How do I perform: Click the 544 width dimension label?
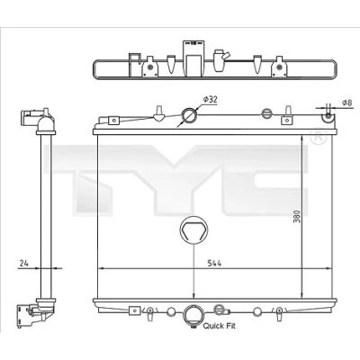pos(214,264)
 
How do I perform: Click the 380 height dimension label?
pos(297,217)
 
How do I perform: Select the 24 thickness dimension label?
pos(24,264)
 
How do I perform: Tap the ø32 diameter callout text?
pos(210,100)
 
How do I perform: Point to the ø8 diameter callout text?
pos(346,103)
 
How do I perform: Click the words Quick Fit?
pos(220,326)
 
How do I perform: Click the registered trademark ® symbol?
pos(318,137)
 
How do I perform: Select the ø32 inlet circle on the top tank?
pos(190,115)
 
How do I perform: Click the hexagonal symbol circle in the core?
pos(193,230)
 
